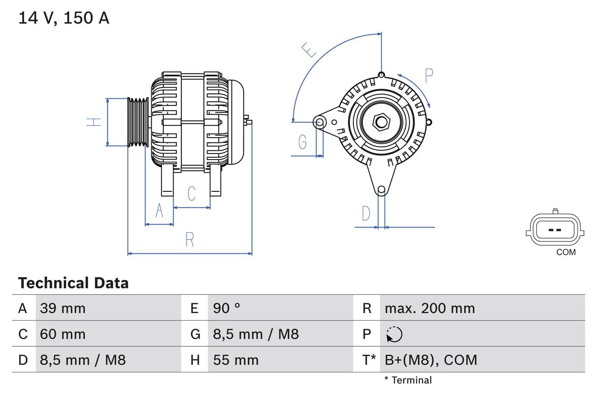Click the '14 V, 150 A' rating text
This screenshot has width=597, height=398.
[64, 18]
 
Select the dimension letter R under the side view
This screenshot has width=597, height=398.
[189, 239]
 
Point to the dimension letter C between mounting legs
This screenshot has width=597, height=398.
[191, 193]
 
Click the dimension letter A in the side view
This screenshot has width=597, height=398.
[160, 211]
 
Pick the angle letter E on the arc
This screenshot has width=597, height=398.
[309, 49]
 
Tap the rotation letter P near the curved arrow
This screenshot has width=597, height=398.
[429, 75]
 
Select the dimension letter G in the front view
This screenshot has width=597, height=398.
[303, 141]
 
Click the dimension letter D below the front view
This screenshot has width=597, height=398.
[366, 214]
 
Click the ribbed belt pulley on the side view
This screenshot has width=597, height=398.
[138, 122]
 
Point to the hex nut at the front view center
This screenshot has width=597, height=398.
[382, 122]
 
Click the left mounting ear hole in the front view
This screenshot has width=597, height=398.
[320, 123]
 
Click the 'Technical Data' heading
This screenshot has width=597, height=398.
[73, 283]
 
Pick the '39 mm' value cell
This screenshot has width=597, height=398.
[62, 308]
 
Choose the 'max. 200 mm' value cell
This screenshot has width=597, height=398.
[430, 308]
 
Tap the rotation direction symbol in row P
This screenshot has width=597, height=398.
[395, 334]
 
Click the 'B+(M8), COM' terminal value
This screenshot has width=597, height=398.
[431, 360]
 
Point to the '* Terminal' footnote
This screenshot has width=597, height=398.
[408, 380]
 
